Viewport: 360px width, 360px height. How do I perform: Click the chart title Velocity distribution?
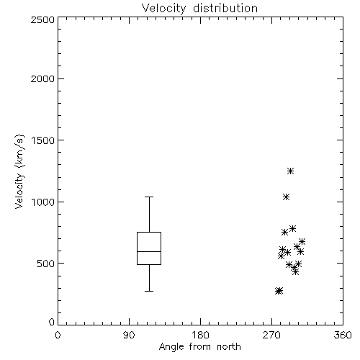tap(199, 9)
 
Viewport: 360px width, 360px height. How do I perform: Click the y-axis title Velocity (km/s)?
tap(19, 171)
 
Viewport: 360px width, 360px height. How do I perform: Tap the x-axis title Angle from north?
tap(199, 347)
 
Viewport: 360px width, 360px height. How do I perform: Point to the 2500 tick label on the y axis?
tap(42, 19)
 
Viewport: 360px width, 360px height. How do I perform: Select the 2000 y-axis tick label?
tap(42, 78)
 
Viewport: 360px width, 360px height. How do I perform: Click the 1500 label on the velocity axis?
tap(43, 140)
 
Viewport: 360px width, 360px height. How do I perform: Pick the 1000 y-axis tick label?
tap(43, 202)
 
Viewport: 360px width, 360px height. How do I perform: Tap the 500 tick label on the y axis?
tap(46, 264)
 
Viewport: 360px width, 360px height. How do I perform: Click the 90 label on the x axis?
tap(129, 335)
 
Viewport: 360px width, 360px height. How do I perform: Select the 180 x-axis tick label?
tap(200, 335)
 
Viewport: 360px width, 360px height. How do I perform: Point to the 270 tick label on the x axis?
tap(271, 335)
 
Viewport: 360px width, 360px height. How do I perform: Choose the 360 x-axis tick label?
tap(343, 335)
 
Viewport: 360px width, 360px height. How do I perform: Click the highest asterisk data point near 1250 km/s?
tap(291, 171)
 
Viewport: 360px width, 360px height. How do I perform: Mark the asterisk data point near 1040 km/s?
tap(286, 197)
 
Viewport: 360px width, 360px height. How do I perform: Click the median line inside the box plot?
tap(149, 251)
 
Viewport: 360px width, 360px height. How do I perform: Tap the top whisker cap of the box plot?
tap(149, 197)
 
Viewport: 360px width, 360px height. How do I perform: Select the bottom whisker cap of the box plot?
tap(149, 291)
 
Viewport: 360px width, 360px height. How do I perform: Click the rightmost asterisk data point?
tap(302, 241)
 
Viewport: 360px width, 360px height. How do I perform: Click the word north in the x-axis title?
tap(229, 347)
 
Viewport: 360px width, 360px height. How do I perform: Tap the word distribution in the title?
tap(225, 9)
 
